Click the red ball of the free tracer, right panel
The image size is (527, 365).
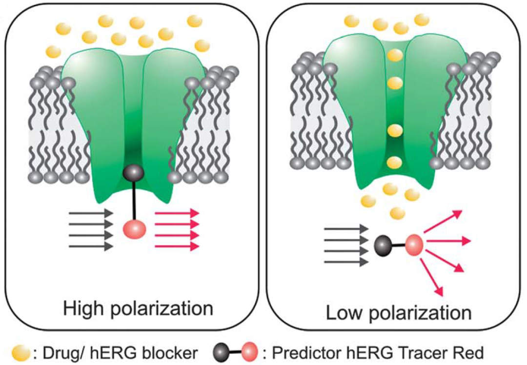(414, 243)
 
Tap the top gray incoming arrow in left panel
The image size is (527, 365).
(91, 213)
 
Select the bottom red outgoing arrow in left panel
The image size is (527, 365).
(177, 246)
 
